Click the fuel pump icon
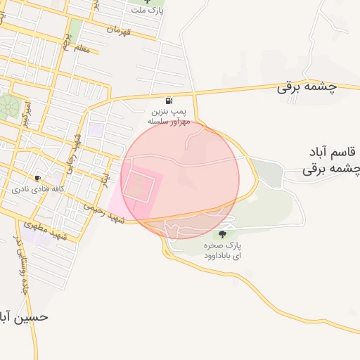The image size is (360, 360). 169,101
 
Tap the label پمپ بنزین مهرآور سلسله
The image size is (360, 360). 169,117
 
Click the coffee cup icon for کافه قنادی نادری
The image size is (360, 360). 37,178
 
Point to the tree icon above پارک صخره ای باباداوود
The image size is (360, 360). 223,235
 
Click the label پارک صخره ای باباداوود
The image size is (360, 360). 224,252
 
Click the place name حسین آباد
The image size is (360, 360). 24,317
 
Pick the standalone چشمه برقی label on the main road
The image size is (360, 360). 306,87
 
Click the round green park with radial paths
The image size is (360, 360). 8,107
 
